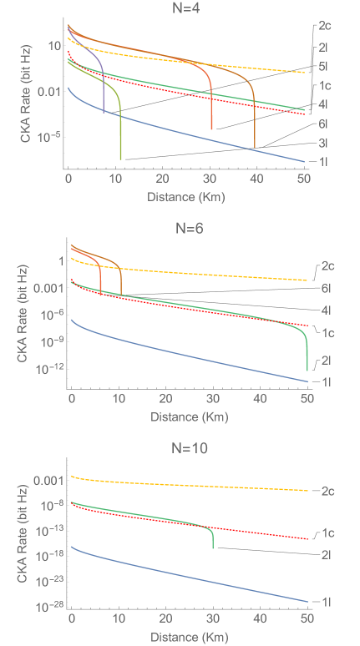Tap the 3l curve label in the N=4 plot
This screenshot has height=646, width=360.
[325, 143]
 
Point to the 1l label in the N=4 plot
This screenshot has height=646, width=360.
[325, 161]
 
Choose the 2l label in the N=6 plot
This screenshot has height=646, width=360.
[325, 361]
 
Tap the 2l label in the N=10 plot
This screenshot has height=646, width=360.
[325, 553]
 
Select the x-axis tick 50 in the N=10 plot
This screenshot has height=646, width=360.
[307, 619]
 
